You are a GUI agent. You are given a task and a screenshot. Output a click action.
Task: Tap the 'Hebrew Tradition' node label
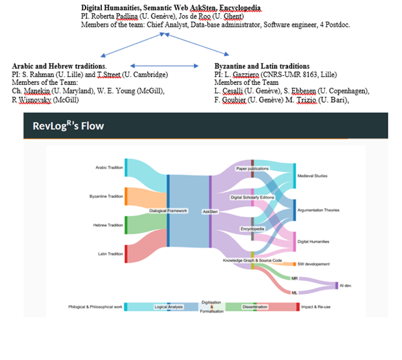coord(107,225)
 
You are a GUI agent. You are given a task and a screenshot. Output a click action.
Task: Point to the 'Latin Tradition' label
coord(110,254)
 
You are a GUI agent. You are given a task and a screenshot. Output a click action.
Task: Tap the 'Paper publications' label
coord(252,168)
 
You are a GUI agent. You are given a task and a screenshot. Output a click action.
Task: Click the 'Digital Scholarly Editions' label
coord(252,197)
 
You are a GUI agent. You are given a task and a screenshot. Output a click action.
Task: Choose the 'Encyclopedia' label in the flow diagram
coord(252,229)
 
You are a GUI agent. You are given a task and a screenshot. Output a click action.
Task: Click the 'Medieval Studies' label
coord(312,176)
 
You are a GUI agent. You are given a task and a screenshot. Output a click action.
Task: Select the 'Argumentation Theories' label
coord(318,210)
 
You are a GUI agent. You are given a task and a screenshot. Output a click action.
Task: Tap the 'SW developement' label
coord(313,264)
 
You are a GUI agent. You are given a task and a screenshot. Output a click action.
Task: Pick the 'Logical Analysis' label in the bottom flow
coord(169,306)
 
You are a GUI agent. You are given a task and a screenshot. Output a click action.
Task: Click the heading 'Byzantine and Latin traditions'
coord(261,66)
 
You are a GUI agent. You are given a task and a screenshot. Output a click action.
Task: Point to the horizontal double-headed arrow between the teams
coord(163,66)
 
